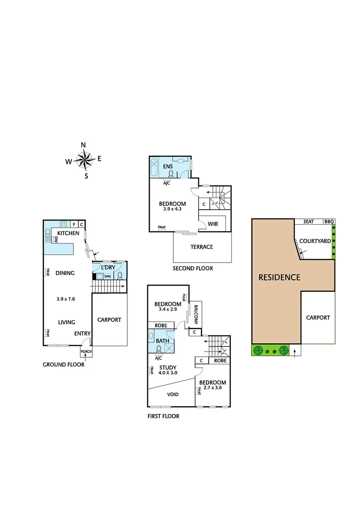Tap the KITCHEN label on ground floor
[x=68, y=234]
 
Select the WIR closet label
[x=213, y=223]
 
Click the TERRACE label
[x=202, y=247]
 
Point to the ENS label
[x=168, y=166]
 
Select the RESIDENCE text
[x=279, y=278]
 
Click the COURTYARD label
[x=315, y=241]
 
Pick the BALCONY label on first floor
[x=196, y=313]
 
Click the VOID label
[x=173, y=394]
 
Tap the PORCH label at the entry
[x=86, y=352]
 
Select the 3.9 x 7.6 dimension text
[x=66, y=299]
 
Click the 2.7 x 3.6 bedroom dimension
[x=212, y=389]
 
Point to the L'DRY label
[x=108, y=268]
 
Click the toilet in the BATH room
[x=159, y=348]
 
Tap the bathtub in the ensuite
[x=155, y=167]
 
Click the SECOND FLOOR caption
[x=193, y=269]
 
